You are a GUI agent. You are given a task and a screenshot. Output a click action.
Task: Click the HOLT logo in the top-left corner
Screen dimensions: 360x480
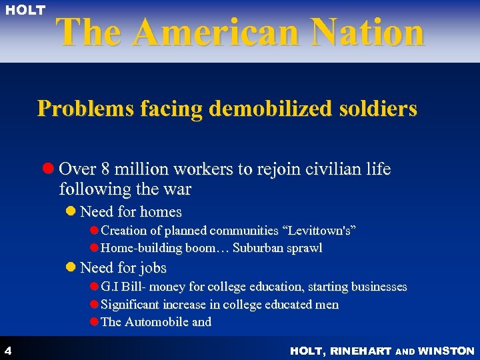click(26, 10)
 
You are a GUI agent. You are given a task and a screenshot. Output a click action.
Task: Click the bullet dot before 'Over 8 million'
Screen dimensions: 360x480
click(49, 169)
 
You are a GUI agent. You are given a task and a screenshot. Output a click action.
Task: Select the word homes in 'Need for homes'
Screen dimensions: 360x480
click(161, 212)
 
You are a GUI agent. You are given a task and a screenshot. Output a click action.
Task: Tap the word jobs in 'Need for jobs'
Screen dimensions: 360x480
click(153, 268)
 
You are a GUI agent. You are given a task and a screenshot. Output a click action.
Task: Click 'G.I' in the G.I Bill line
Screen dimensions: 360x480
click(108, 287)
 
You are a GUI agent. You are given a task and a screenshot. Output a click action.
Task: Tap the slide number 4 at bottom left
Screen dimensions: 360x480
click(7, 350)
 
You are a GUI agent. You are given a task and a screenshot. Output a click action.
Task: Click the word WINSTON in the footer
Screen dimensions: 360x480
click(448, 351)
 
